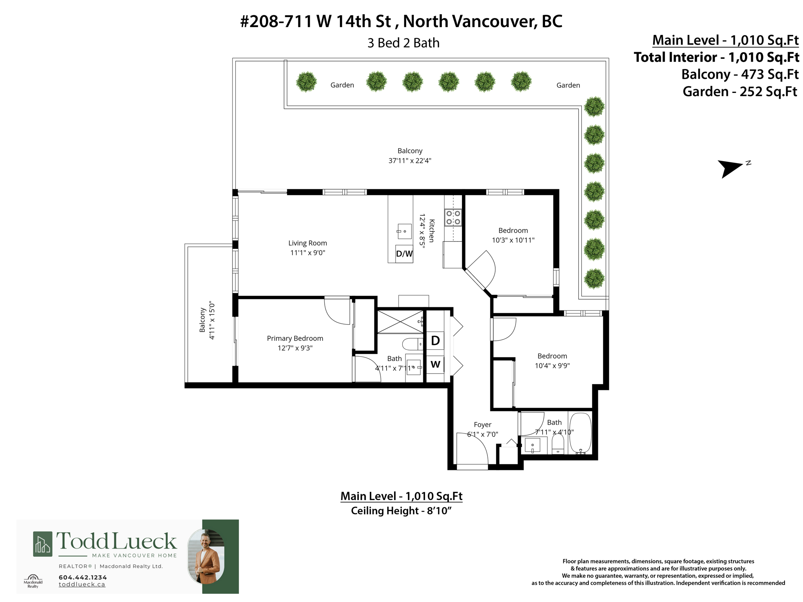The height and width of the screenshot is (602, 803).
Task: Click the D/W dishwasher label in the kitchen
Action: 404,254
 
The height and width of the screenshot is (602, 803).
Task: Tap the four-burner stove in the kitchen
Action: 453,218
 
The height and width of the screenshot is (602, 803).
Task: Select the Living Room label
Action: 307,243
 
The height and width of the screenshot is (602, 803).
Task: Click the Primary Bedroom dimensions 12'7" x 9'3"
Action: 295,348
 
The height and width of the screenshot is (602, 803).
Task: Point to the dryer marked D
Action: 435,341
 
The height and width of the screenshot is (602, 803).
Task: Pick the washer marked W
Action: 435,364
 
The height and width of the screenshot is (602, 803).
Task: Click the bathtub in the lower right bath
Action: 580,433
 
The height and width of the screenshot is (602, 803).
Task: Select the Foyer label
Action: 482,424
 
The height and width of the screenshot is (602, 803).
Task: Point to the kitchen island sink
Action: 404,231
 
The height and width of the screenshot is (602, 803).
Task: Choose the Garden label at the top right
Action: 568,85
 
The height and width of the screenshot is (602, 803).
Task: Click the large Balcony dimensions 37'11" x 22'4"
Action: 410,161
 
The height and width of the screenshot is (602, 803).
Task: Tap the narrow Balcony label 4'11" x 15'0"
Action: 207,320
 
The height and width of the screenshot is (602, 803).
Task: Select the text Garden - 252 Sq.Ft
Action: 739,92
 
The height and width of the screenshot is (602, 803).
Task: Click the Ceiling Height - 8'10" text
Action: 401,511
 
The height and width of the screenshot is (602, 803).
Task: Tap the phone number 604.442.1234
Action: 83,577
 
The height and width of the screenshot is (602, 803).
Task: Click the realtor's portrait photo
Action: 206,557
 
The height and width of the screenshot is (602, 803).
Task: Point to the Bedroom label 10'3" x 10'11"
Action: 513,235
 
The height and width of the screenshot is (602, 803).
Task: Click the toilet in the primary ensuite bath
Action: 412,344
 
